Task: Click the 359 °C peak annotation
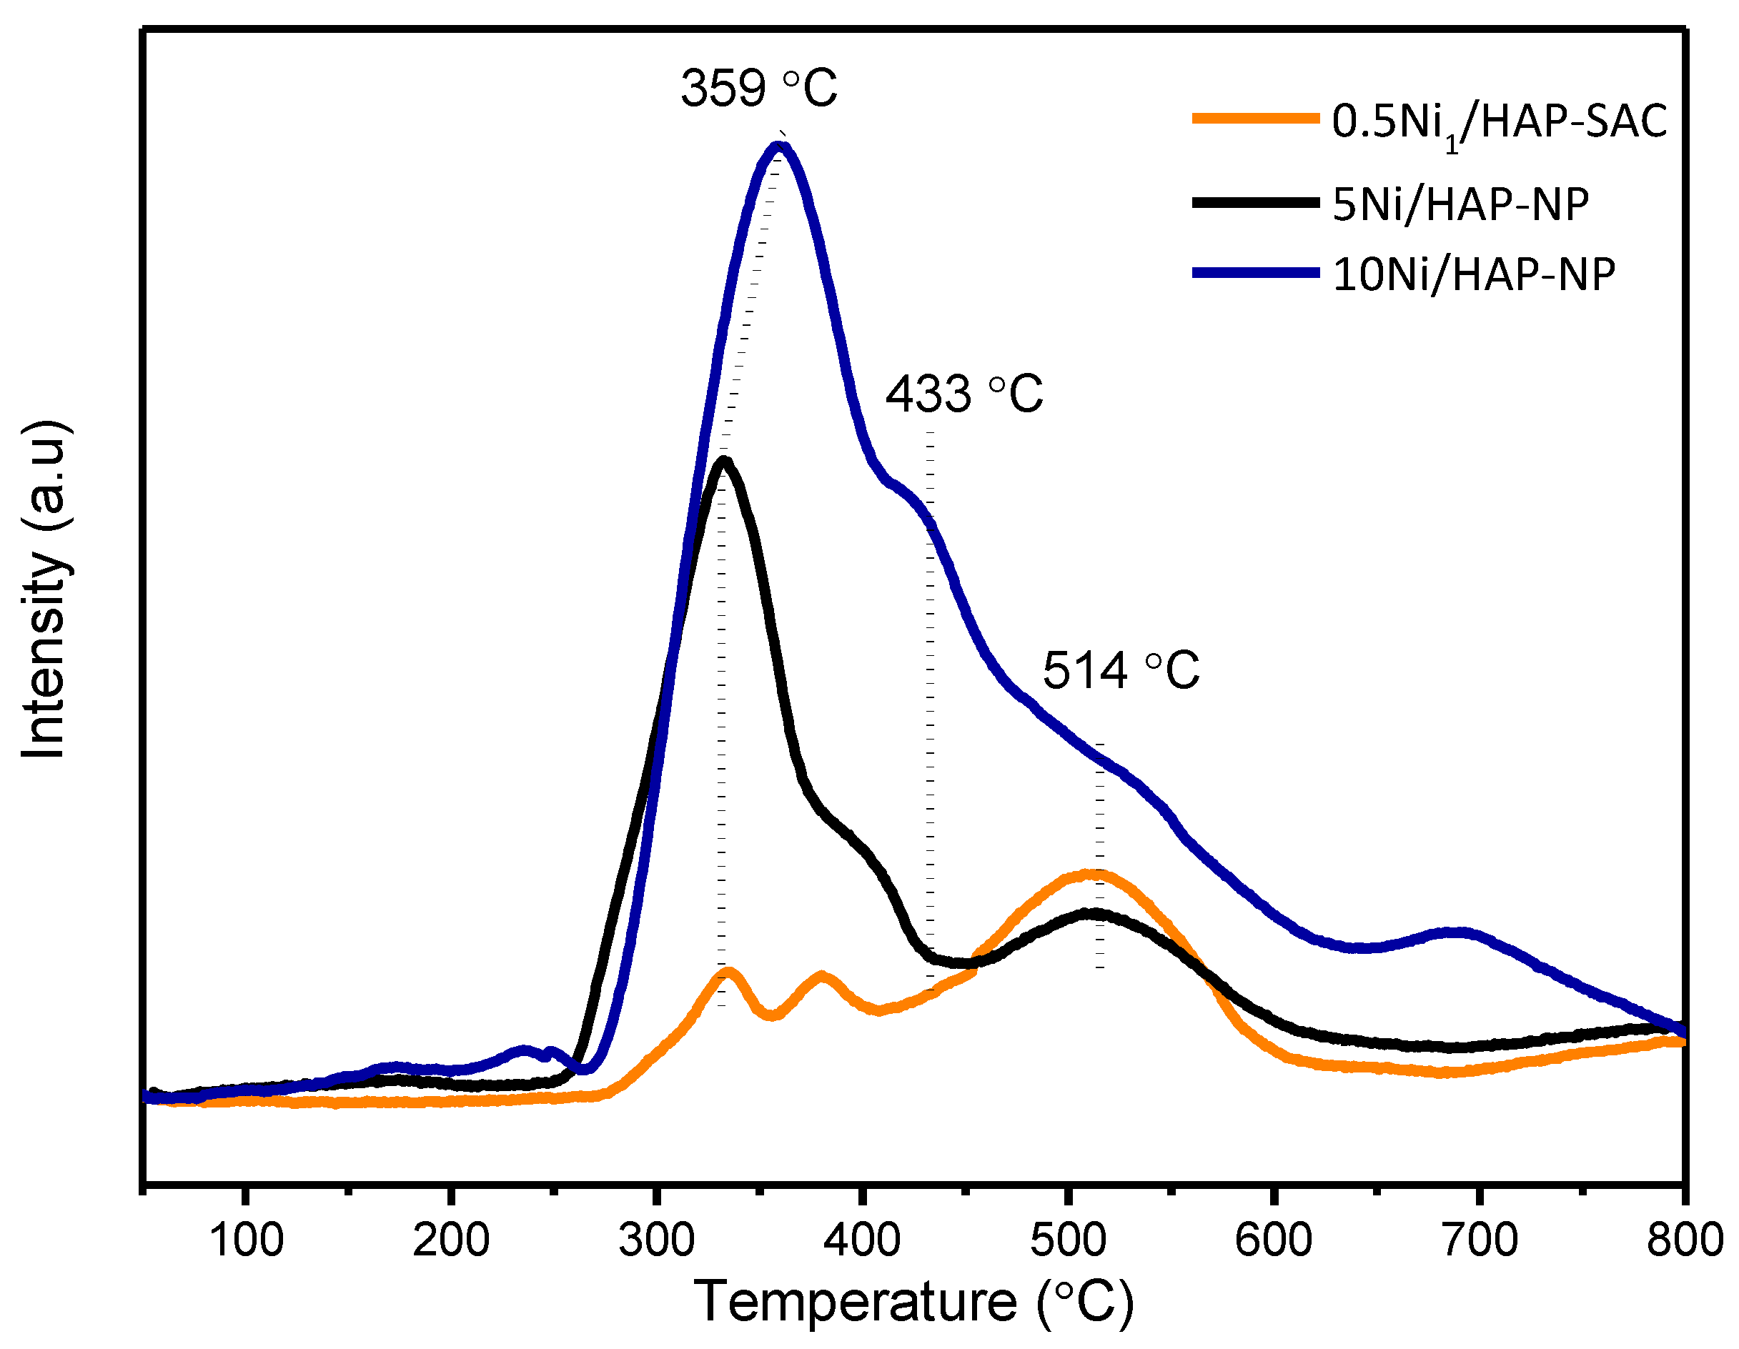coord(758,88)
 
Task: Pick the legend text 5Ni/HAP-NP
coord(1460,204)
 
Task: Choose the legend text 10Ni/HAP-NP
coord(1474,274)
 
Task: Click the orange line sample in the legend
coord(1256,119)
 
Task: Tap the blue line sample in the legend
coord(1256,273)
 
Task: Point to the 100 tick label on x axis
coord(246,1240)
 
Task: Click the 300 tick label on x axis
coord(657,1240)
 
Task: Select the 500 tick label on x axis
coord(1068,1240)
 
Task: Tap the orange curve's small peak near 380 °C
coord(821,976)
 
